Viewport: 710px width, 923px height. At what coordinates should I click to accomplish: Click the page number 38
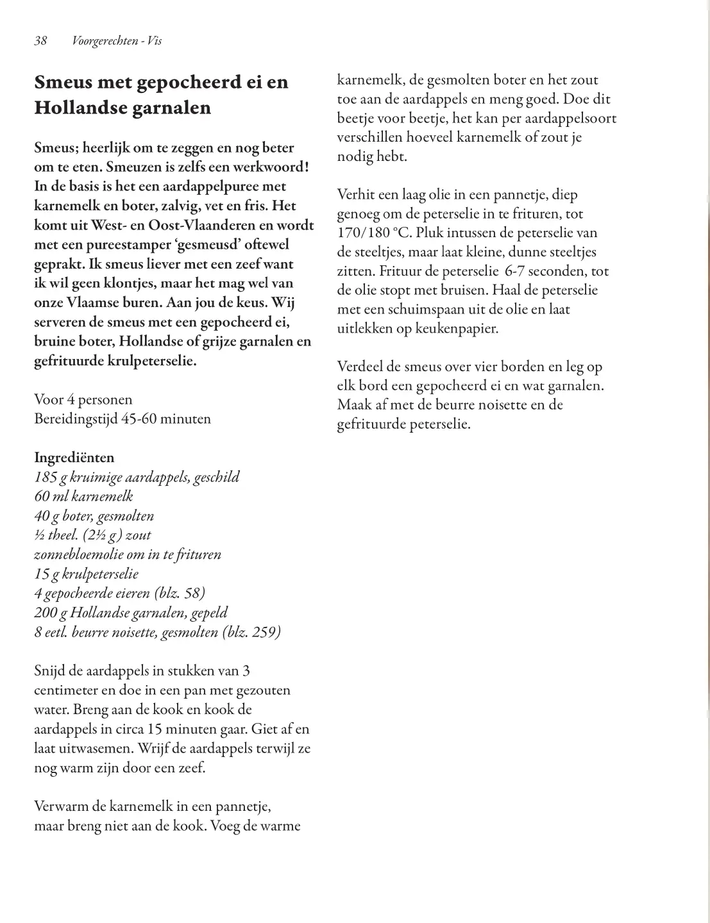click(x=40, y=41)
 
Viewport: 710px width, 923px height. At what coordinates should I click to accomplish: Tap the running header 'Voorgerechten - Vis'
click(x=117, y=41)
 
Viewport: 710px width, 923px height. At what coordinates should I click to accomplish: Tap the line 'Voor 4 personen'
click(x=83, y=400)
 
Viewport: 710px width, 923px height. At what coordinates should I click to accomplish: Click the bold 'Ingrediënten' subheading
click(x=74, y=458)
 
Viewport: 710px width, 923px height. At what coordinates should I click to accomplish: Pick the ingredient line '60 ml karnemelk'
click(x=83, y=497)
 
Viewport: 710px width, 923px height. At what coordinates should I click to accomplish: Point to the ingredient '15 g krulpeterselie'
click(x=86, y=574)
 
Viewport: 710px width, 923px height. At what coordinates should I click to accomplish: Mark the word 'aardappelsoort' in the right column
click(x=572, y=119)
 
